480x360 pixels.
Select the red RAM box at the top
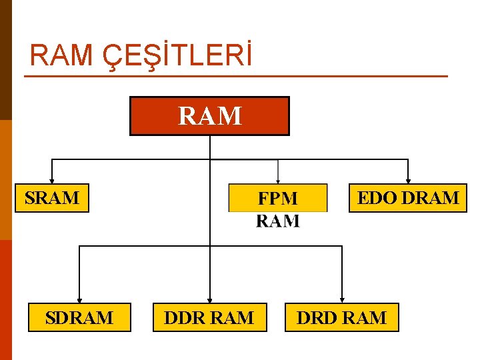(x=209, y=116)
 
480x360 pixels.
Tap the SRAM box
(x=52, y=198)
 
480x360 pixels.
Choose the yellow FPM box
(x=278, y=198)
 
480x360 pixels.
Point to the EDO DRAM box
(x=408, y=198)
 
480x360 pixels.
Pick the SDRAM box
(x=79, y=317)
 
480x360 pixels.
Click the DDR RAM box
(x=209, y=317)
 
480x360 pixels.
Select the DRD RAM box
(x=341, y=317)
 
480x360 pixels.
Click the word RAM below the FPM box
(x=278, y=221)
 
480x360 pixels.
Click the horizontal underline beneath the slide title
(x=236, y=76)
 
